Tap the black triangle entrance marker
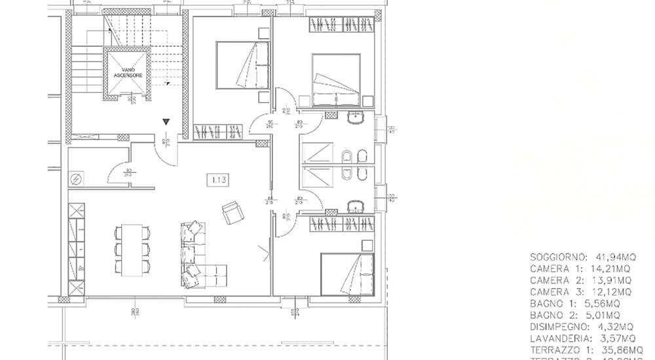point(166,122)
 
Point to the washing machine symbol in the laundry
point(75,177)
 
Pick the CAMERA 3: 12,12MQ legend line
point(580,291)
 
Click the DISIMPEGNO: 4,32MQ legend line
point(582,327)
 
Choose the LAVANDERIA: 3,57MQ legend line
point(582,338)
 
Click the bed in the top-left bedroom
point(240,64)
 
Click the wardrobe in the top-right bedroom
point(341,25)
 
